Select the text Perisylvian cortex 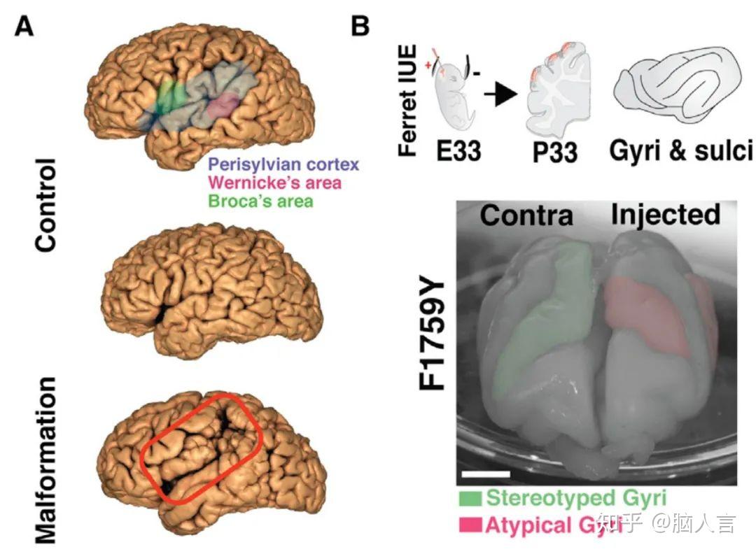tap(282, 166)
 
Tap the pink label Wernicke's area tap(274, 184)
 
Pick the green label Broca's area tap(260, 201)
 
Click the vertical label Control tap(45, 204)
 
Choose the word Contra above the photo tap(526, 215)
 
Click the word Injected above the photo tap(665, 214)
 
